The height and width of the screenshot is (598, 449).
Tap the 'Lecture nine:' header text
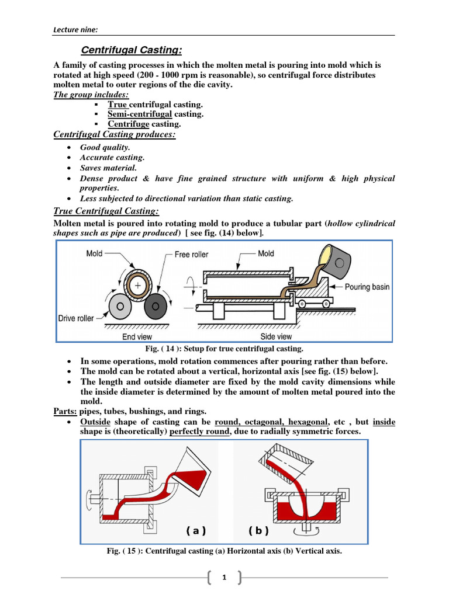(x=74, y=30)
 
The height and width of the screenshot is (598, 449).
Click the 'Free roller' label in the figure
(x=191, y=255)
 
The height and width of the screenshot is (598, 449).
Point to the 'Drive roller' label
(x=76, y=318)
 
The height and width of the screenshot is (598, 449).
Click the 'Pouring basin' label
(x=367, y=287)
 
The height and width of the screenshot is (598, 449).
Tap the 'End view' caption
(x=137, y=337)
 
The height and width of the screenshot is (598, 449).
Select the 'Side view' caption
(x=277, y=337)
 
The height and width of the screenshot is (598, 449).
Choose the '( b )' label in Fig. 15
(x=258, y=530)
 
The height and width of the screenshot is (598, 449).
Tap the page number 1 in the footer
(x=223, y=578)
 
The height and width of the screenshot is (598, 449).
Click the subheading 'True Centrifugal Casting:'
(x=106, y=211)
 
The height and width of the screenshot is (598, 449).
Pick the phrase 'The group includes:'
(x=91, y=95)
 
